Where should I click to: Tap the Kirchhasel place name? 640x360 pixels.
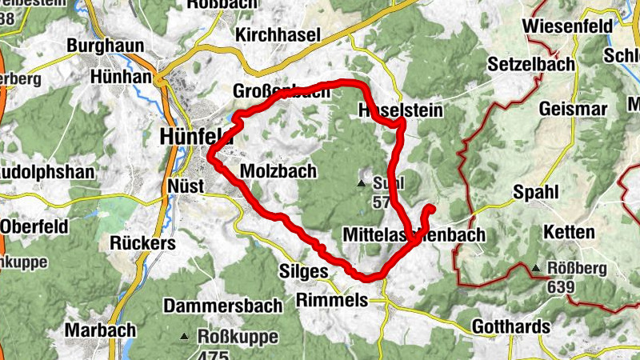coord(278,34)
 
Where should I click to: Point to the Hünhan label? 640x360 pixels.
coord(122,77)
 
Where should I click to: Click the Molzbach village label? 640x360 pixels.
coord(278,171)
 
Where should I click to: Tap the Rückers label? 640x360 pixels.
coord(143,242)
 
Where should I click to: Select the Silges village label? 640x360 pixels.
coord(303,272)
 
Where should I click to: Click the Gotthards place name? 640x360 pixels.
coord(511,326)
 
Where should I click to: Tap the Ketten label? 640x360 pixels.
coord(569,233)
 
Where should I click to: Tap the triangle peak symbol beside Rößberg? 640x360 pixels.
coord(536,268)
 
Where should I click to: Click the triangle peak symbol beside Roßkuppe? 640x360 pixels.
coord(186,337)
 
